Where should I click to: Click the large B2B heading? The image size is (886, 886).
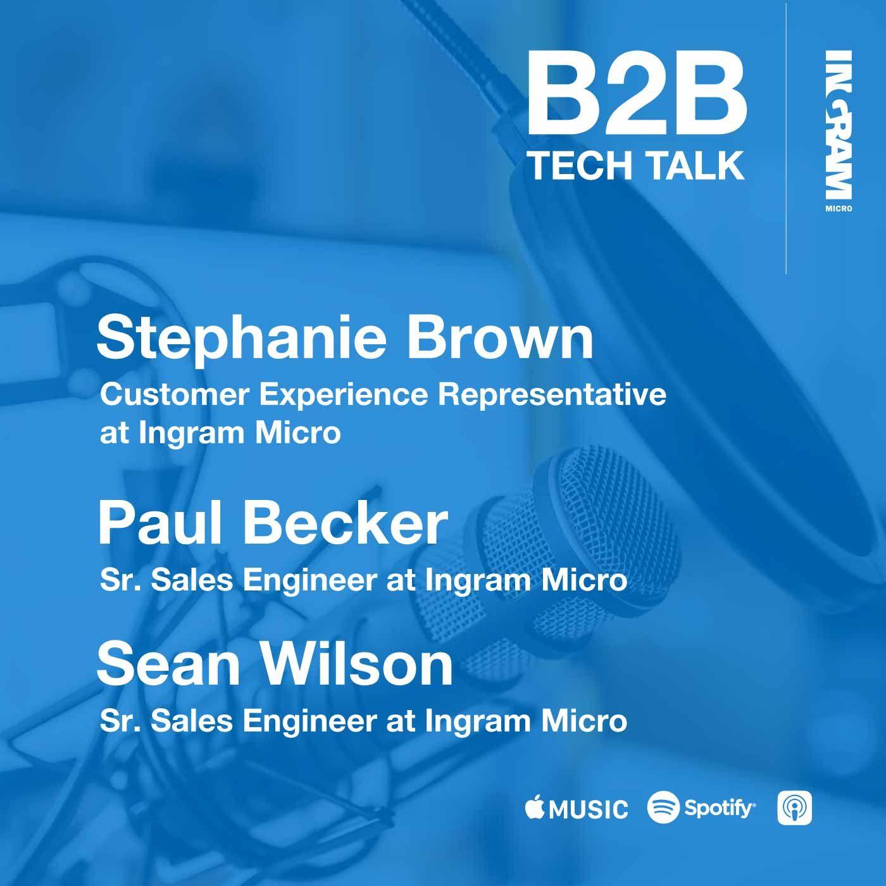[x=637, y=92]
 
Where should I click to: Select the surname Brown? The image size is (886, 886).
[x=500, y=338]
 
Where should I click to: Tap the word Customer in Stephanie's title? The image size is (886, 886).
[x=175, y=395]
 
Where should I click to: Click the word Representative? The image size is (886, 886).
[x=552, y=396]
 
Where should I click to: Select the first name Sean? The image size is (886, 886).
[x=168, y=665]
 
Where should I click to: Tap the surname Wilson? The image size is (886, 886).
[x=358, y=665]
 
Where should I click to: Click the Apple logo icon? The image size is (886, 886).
[x=535, y=807]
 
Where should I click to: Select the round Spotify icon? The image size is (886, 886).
[x=663, y=807]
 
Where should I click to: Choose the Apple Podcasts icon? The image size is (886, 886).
[x=794, y=808]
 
